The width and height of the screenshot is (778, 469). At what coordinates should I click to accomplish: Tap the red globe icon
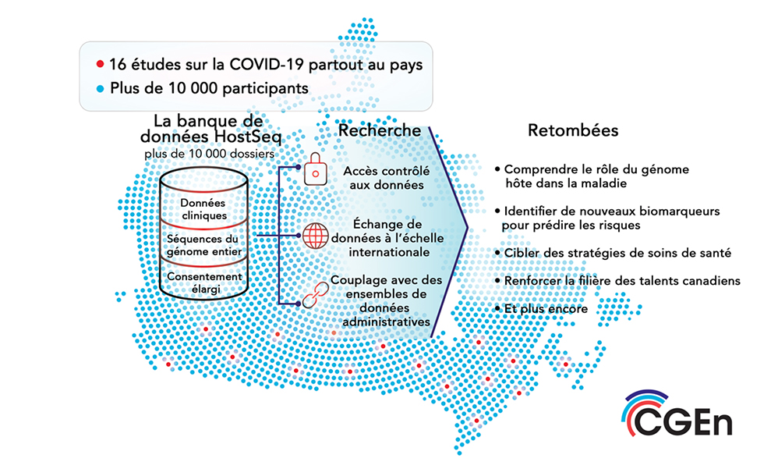[x=316, y=236]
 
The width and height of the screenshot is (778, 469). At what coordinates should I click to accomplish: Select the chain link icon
[x=316, y=295]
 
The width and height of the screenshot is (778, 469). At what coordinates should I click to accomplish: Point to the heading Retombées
[x=573, y=130]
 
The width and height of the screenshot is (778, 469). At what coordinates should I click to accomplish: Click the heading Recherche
[x=380, y=130]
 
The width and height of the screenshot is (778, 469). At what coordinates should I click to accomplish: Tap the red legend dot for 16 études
[x=101, y=64]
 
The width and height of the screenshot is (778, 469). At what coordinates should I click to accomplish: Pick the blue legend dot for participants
[x=101, y=89]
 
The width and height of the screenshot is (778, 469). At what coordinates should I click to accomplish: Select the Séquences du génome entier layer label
[x=204, y=246]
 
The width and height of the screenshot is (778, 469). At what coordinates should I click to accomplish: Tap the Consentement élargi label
[x=204, y=282]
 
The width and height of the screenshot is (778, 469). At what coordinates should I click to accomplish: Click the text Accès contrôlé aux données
[x=387, y=178]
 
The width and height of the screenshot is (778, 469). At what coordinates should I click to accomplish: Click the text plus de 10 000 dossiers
[x=210, y=154]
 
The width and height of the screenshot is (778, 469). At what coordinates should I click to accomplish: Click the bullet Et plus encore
[x=541, y=308]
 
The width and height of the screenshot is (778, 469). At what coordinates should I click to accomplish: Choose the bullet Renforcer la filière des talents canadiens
[x=617, y=281]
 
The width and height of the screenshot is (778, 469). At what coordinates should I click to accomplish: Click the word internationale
[x=389, y=252]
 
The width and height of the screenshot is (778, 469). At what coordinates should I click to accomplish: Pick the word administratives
[x=387, y=322]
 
